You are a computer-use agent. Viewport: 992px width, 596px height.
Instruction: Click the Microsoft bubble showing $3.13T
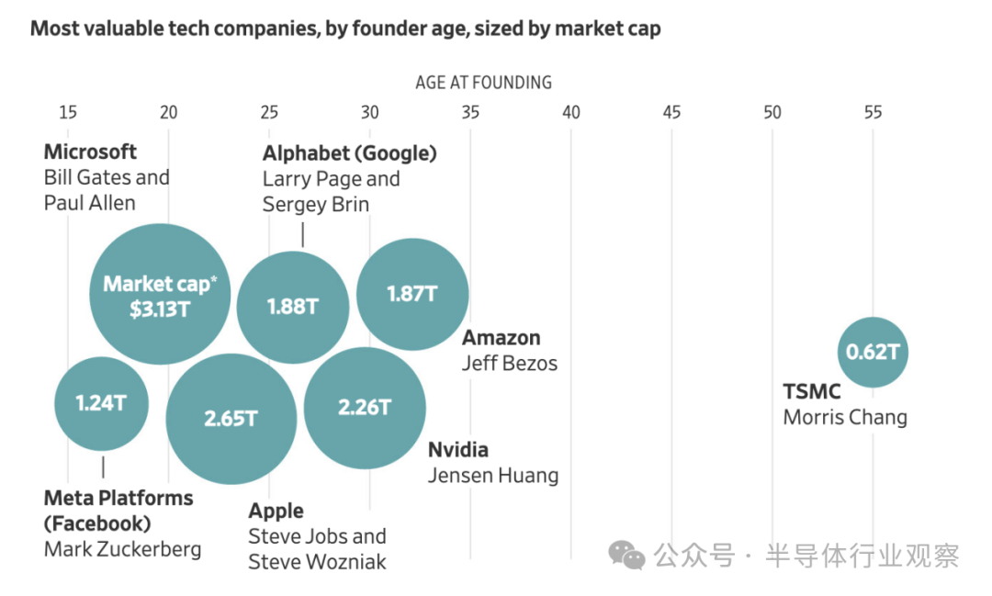point(160,294)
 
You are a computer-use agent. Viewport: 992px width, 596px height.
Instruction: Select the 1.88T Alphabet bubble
point(293,307)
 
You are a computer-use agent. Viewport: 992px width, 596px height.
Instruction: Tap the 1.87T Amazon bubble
point(412,294)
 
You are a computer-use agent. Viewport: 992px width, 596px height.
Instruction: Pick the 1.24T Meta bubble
point(101,404)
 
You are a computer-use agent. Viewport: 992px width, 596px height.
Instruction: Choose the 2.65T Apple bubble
point(231,419)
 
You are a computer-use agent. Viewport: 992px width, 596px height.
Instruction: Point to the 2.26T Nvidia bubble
point(365,408)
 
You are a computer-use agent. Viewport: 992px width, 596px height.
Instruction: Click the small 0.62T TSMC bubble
point(874,352)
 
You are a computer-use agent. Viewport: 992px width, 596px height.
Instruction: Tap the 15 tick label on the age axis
point(68,113)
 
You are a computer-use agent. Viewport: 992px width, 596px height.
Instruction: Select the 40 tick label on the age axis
point(570,113)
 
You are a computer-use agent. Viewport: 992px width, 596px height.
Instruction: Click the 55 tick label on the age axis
point(874,113)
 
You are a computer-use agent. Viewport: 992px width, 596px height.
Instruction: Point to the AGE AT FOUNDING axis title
point(483,83)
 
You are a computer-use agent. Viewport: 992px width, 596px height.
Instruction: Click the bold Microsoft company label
point(90,152)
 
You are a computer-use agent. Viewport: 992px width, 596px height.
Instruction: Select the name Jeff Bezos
point(509,363)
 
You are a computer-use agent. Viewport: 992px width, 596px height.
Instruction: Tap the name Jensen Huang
point(493,475)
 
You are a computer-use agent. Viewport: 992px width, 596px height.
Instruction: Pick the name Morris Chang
point(845,417)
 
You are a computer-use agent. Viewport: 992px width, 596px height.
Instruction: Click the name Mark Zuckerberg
point(123,549)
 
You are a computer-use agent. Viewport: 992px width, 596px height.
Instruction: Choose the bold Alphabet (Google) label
point(350,153)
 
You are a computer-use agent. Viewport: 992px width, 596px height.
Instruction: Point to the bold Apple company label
point(276,511)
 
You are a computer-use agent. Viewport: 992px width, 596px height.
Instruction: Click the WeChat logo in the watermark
point(626,555)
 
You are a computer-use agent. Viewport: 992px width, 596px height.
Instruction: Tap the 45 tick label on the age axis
point(671,113)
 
